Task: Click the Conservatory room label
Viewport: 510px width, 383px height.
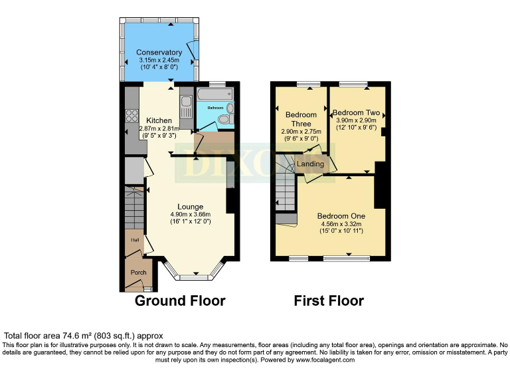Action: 159,53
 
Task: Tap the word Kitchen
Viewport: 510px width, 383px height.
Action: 159,120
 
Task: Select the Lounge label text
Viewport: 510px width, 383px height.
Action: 190,206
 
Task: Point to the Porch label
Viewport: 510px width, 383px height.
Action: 138,273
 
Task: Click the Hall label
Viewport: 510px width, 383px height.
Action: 134,240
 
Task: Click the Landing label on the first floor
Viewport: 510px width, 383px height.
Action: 310,164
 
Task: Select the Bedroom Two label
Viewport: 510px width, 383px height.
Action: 356,112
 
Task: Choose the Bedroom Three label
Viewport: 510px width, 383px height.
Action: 301,119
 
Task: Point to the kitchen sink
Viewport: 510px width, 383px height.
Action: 186,106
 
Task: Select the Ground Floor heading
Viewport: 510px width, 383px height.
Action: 180,301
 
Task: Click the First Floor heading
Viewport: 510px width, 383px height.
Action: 329,301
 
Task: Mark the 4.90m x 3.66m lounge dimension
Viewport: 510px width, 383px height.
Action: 190,214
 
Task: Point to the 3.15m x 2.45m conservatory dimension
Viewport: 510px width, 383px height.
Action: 159,61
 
